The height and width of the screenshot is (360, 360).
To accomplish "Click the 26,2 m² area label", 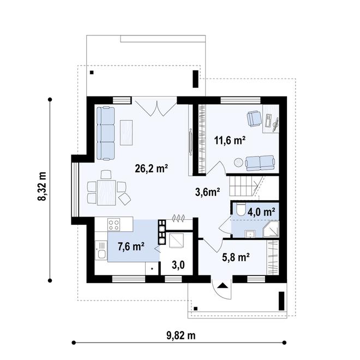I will (x=151, y=169).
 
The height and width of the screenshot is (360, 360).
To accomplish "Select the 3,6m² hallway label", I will (x=208, y=191).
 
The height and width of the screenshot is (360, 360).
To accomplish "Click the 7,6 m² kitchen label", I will (x=131, y=247).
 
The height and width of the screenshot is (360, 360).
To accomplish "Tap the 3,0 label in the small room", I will (x=178, y=265).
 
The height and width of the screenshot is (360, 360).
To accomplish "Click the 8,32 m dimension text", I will (x=41, y=188).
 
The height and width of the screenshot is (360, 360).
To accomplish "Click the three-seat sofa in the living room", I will (x=106, y=131).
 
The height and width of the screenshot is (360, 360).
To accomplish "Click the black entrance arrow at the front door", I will (x=221, y=285).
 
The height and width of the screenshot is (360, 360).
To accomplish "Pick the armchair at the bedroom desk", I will (x=254, y=118).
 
